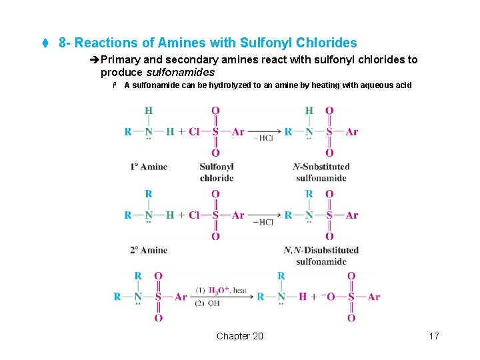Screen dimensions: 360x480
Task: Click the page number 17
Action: tap(434, 336)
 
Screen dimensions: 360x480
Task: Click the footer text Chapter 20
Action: tap(240, 336)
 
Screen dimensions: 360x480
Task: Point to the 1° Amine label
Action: tap(149, 167)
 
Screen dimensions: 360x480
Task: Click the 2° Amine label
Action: tap(149, 250)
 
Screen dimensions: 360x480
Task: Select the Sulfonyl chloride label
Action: tap(217, 172)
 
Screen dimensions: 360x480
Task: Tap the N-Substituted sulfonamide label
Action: tap(321, 172)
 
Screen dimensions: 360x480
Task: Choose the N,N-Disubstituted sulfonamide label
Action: tap(321, 255)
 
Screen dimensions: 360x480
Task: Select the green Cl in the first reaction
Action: tap(194, 132)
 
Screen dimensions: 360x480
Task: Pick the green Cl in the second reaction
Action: tap(194, 215)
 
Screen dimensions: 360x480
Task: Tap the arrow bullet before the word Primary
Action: tap(93, 60)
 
